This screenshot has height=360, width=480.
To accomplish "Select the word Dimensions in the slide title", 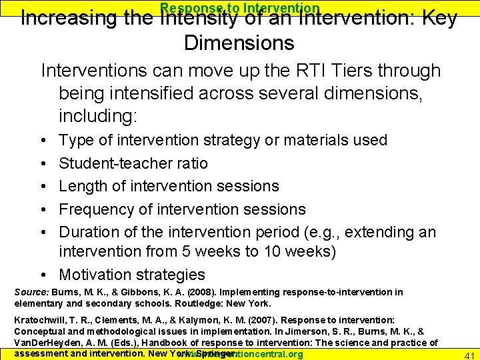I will pos(239,43).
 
